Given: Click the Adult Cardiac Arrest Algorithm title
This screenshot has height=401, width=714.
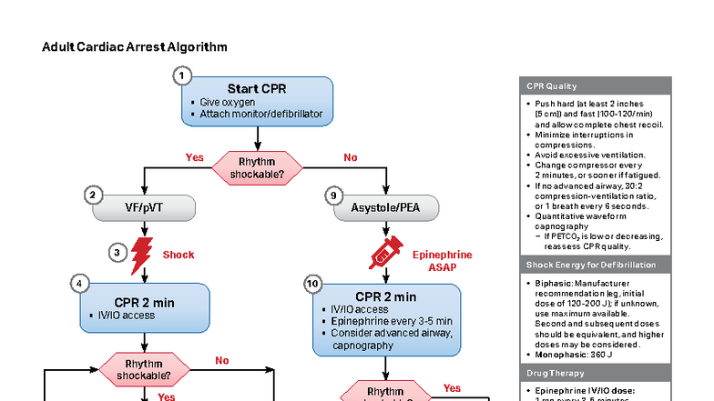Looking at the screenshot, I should coord(135,46).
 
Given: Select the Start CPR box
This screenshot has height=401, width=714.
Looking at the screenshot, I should coord(258,100).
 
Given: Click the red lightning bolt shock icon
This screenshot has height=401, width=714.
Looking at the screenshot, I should coord(142,256).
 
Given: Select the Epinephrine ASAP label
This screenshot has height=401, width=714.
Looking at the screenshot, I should coord(443,262).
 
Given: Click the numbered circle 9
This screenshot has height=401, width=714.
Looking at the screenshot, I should coord(334,195).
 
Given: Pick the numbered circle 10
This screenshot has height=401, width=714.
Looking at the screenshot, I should coord(313,285).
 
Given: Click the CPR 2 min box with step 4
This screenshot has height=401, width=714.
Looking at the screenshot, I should coord(145,307).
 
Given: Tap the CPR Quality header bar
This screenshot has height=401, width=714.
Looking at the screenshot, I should coord(595,86).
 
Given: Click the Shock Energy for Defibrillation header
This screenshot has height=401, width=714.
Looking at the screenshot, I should coord(595,265).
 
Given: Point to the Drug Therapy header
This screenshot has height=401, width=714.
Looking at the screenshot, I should coord(595,373).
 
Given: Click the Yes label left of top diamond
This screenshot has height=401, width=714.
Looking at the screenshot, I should coord(194,157).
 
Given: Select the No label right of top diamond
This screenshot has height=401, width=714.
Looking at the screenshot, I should coord(350,157).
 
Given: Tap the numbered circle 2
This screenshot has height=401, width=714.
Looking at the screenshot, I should coord(92,195).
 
